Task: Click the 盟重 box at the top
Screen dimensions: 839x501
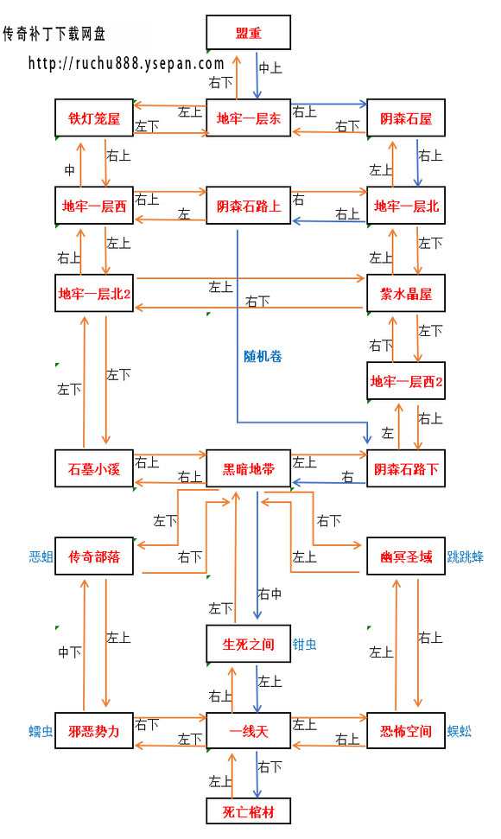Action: [248, 33]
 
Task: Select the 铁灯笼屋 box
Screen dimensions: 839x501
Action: [94, 118]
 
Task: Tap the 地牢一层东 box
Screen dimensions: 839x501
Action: [248, 118]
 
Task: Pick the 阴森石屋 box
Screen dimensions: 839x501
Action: [405, 118]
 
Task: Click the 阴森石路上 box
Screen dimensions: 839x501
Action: [248, 206]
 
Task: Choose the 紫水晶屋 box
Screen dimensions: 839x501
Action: [405, 293]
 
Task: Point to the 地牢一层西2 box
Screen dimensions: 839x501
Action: [405, 381]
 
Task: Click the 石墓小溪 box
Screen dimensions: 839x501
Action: [94, 469]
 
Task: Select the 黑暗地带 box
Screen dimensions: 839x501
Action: [248, 469]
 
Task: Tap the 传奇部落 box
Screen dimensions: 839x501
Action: [94, 556]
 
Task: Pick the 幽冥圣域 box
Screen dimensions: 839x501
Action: [405, 556]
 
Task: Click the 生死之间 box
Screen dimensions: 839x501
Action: [248, 644]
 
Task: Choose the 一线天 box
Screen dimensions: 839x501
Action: [248, 731]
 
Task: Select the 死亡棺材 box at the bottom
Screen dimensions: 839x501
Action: [248, 811]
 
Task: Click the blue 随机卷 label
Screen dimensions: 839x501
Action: [263, 355]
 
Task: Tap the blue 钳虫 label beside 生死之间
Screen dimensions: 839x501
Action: [304, 644]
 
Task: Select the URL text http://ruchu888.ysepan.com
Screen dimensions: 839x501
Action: [126, 63]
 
